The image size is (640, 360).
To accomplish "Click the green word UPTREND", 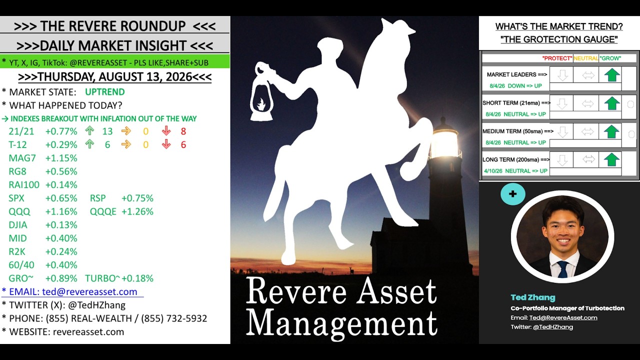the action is (105, 92).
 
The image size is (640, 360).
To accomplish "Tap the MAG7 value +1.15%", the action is (61, 158).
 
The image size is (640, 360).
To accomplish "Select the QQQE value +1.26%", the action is (137, 211).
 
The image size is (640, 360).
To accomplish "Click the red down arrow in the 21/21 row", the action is (166, 131).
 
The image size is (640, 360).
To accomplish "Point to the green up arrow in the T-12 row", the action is (89, 144).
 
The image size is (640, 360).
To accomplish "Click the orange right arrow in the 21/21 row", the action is (126, 131).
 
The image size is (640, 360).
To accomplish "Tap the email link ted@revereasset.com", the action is (89, 291).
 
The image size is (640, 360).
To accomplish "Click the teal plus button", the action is (513, 194).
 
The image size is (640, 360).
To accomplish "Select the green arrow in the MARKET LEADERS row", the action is (611, 75).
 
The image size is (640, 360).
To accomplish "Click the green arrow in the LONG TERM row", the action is (611, 160).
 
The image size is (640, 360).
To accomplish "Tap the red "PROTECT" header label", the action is (557, 58).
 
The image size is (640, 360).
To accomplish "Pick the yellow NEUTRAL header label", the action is (585, 58).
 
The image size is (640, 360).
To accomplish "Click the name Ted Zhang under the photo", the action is (533, 297).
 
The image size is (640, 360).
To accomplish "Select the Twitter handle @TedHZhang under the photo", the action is (553, 327).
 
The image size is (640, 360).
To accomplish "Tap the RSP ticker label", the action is (97, 198).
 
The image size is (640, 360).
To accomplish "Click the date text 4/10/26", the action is (493, 171).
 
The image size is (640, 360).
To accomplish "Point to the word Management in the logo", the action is (341, 323).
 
